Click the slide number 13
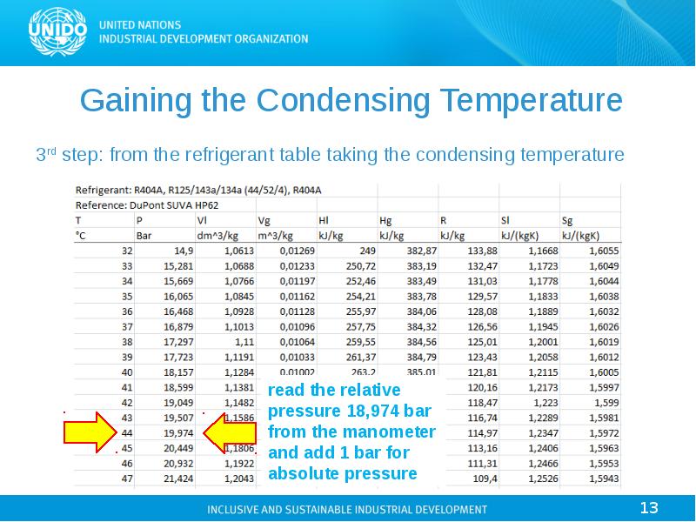pyautogui.click(x=649, y=507)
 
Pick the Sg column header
pyautogui.click(x=568, y=220)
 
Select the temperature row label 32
pyautogui.click(x=128, y=251)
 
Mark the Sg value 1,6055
pyautogui.click(x=602, y=251)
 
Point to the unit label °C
pyautogui.click(x=84, y=236)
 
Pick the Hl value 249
pyautogui.click(x=359, y=251)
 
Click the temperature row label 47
pyautogui.click(x=127, y=478)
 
